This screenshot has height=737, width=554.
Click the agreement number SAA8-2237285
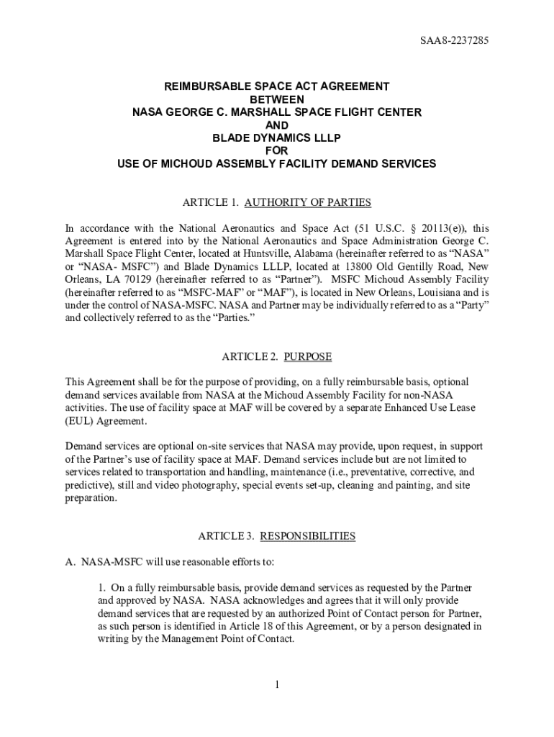(460, 41)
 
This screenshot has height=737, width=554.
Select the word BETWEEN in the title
(276, 99)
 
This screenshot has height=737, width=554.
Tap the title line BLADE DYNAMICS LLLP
(276, 137)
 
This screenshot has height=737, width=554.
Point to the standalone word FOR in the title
(276, 150)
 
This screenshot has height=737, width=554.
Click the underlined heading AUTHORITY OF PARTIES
(308, 202)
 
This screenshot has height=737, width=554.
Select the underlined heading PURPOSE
(308, 356)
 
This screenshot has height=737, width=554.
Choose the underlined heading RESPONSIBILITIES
(307, 536)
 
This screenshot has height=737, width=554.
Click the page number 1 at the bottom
(276, 684)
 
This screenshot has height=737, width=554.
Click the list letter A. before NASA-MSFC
(71, 561)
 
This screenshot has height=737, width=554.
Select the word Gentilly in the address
(427, 266)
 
